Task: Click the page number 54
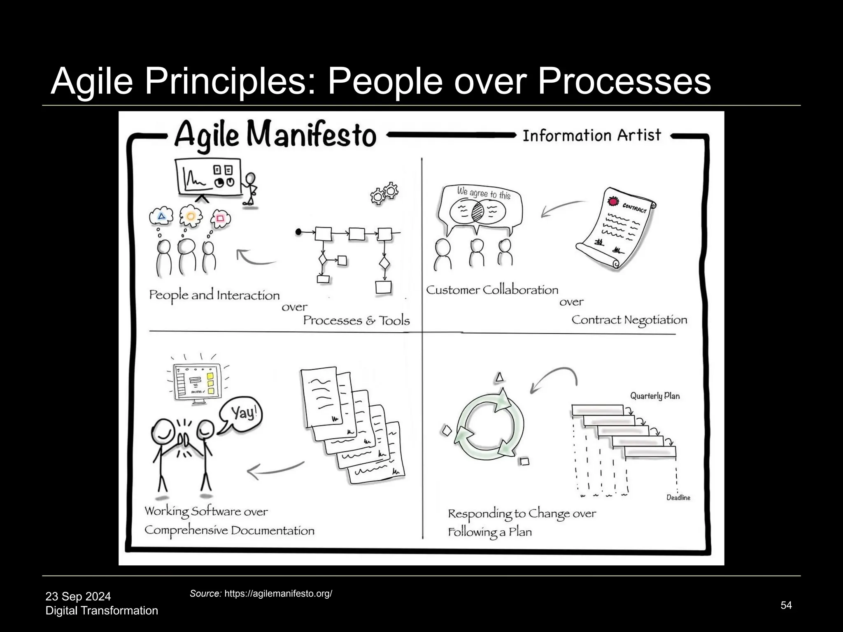pyautogui.click(x=786, y=605)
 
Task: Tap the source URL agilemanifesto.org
pyautogui.click(x=278, y=593)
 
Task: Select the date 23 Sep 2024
pyautogui.click(x=78, y=596)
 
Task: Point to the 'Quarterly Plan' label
pyautogui.click(x=654, y=396)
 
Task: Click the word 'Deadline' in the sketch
pyautogui.click(x=678, y=497)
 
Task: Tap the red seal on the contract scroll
pyautogui.click(x=614, y=202)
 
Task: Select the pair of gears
pyautogui.click(x=384, y=193)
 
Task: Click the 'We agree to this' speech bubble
pyautogui.click(x=481, y=208)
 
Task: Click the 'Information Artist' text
pyautogui.click(x=591, y=135)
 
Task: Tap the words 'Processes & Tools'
pyautogui.click(x=356, y=321)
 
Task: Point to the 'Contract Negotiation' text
pyautogui.click(x=629, y=320)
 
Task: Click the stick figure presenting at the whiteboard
pyautogui.click(x=249, y=188)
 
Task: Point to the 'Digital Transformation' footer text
pyautogui.click(x=102, y=610)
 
